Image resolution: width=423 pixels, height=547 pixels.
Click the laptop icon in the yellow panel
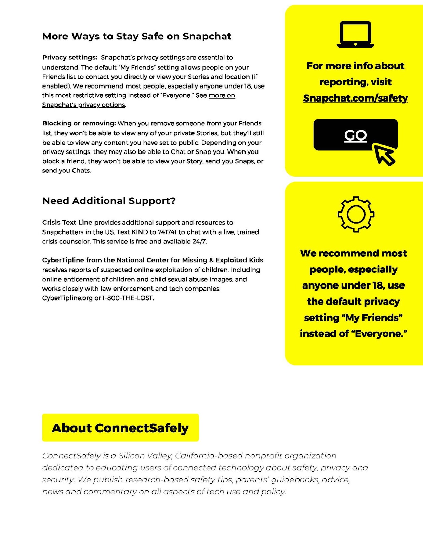click(355, 34)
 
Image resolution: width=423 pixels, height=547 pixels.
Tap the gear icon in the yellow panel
click(356, 214)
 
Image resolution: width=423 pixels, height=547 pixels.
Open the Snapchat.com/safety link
click(355, 98)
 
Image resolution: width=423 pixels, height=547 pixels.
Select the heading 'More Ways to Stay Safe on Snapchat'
click(137, 36)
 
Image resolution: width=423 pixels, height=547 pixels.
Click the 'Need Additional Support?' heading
click(109, 201)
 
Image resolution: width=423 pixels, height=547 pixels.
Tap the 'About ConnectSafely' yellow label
click(120, 428)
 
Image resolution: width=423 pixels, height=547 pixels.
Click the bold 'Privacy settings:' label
click(70, 58)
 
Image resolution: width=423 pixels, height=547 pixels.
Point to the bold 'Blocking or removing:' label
click(79, 123)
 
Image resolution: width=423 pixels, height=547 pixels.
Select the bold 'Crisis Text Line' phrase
click(67, 222)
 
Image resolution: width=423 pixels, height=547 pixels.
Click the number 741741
click(167, 232)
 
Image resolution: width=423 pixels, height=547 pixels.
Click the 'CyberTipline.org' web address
click(67, 298)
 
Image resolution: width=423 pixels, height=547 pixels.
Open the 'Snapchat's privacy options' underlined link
click(84, 105)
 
